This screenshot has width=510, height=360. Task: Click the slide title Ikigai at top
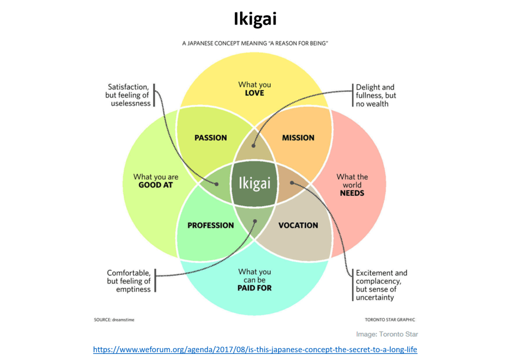pyautogui.click(x=255, y=20)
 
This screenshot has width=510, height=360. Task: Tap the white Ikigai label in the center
pyautogui.click(x=254, y=183)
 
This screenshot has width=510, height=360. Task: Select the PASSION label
pyautogui.click(x=210, y=138)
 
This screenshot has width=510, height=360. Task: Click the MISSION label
pyautogui.click(x=298, y=138)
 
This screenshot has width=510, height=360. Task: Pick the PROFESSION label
pyautogui.click(x=210, y=226)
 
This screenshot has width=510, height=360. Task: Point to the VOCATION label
pyautogui.click(x=298, y=226)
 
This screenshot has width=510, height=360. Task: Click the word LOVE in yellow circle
pyautogui.click(x=255, y=93)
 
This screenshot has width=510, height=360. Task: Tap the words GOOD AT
pyautogui.click(x=156, y=185)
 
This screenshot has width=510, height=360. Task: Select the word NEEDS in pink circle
pyautogui.click(x=352, y=193)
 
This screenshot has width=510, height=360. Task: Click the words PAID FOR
pyautogui.click(x=255, y=288)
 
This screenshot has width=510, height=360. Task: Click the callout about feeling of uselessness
pyautogui.click(x=128, y=95)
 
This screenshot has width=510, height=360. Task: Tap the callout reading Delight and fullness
pyautogui.click(x=376, y=95)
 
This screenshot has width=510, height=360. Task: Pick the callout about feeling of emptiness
pyautogui.click(x=129, y=281)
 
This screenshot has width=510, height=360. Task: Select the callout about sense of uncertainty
pyautogui.click(x=381, y=285)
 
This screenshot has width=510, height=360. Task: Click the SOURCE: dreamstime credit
pyautogui.click(x=114, y=320)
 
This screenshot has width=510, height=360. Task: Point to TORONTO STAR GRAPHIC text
pyautogui.click(x=389, y=320)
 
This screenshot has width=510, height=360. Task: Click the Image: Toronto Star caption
pyautogui.click(x=387, y=334)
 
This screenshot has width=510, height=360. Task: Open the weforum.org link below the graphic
pyautogui.click(x=255, y=349)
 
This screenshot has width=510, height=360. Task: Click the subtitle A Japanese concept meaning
pyautogui.click(x=255, y=44)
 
